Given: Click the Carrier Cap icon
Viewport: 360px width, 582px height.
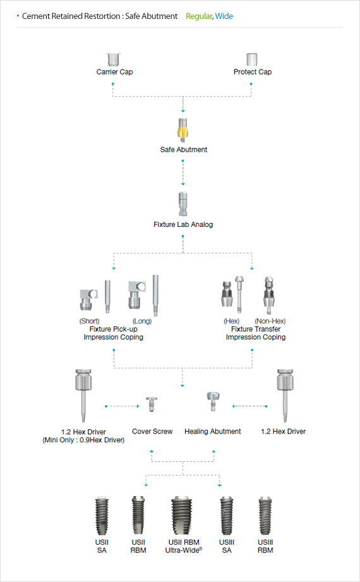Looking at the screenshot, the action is (113, 59).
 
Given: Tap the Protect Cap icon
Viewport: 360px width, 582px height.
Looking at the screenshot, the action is (252, 59).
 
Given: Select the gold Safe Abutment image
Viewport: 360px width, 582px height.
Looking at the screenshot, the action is (183, 130).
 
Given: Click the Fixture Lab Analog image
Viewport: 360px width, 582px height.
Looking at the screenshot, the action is (183, 204).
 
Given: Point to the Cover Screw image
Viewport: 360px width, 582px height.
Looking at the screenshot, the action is (152, 404).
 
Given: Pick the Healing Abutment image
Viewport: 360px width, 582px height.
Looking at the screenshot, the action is (213, 401).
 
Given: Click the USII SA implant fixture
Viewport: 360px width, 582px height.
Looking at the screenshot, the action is (102, 516).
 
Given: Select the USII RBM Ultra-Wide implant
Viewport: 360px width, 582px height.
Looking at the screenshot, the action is (182, 516).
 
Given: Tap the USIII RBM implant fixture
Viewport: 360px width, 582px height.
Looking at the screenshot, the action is (265, 516).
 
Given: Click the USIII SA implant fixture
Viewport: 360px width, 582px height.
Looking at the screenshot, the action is (227, 516).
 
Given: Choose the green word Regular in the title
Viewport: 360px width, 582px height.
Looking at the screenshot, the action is (199, 16).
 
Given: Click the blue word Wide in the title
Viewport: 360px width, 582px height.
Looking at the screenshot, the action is (224, 16).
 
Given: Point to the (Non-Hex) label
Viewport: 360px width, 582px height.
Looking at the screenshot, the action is (270, 321).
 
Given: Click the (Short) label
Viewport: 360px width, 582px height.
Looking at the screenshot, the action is (90, 321).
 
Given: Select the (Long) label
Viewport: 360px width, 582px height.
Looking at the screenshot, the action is (142, 321).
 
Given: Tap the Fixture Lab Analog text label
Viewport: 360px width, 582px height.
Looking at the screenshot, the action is (183, 224).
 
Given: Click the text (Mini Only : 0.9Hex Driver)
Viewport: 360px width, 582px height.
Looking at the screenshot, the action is (83, 440).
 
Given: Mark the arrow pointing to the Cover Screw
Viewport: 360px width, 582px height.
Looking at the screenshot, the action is (122, 406).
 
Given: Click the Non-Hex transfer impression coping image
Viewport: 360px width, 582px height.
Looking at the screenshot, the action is (269, 295).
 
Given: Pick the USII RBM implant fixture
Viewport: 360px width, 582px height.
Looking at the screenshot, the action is (138, 516).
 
